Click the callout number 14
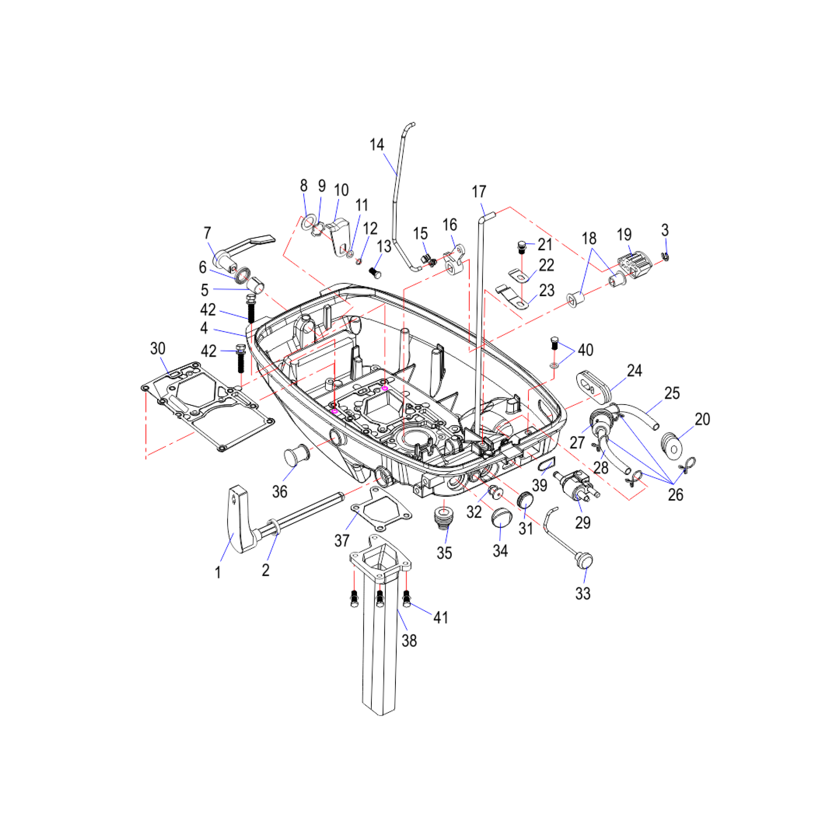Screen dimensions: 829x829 click(377, 145)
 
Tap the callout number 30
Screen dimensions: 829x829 click(158, 349)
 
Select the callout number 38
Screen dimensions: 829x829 click(409, 641)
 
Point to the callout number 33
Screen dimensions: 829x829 click(583, 594)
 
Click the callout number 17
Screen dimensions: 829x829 click(479, 191)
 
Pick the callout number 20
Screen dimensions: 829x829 click(703, 419)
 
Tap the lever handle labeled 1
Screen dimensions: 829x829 click(241, 521)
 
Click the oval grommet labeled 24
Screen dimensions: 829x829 click(594, 387)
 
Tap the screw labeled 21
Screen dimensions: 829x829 click(521, 247)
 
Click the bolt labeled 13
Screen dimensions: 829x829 click(375, 271)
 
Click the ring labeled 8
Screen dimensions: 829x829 click(308, 223)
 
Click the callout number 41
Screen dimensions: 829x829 click(441, 618)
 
